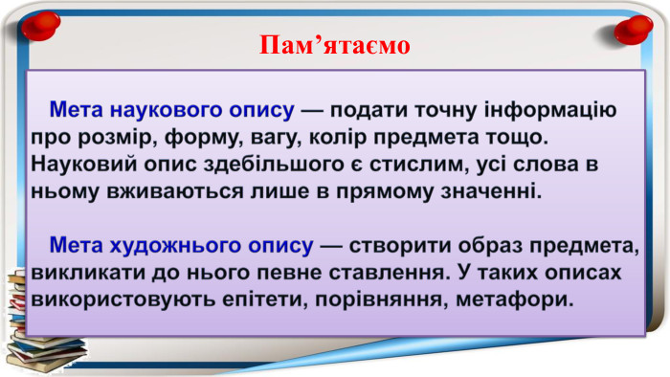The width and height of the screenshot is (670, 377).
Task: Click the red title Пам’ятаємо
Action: pos(334,45)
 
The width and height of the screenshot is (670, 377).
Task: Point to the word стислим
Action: pos(426,162)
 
